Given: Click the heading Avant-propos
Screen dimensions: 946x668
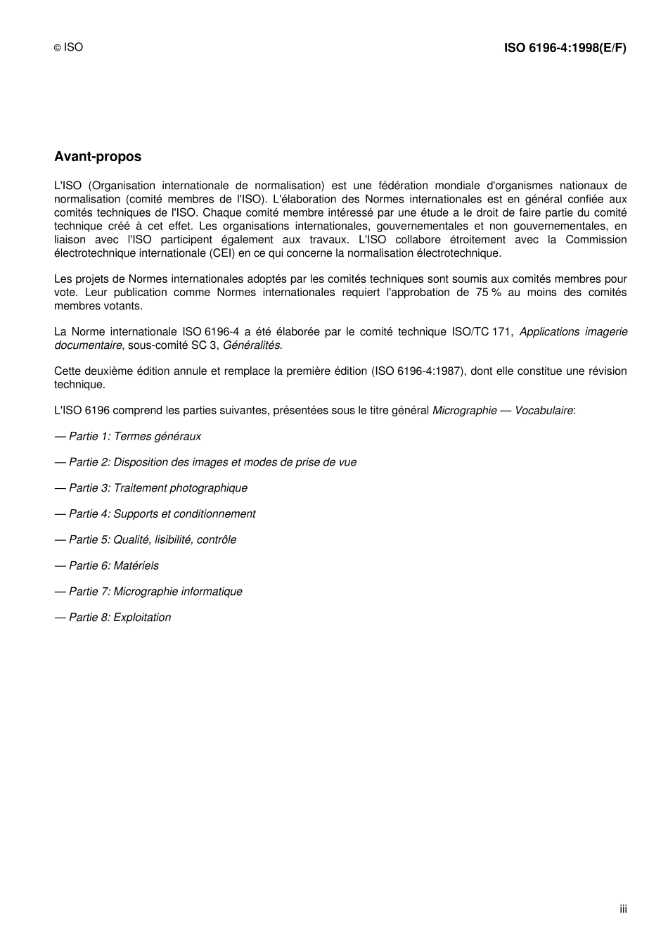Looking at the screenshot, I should (x=98, y=157).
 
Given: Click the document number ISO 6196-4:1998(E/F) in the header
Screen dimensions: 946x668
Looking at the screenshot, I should (x=565, y=48).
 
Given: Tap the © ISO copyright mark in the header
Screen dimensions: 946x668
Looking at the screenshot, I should (x=69, y=47).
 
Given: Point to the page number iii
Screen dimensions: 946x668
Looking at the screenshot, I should (x=623, y=909).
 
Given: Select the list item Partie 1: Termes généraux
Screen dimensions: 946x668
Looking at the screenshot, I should (x=128, y=437).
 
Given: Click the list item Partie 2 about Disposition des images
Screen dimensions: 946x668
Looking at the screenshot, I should (x=205, y=463).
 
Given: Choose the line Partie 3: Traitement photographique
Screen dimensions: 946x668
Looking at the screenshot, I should (x=151, y=488).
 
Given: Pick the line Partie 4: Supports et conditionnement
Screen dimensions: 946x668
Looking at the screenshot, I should (x=155, y=514).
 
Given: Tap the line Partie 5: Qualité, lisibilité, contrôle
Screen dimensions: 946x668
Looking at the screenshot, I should (x=146, y=540).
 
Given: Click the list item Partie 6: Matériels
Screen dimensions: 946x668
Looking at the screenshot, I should (x=107, y=566).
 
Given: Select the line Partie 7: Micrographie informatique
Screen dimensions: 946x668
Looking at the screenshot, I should (x=148, y=592).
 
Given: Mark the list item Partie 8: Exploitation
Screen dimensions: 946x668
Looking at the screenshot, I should (x=113, y=618).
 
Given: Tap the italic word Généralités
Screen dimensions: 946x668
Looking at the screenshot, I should (x=251, y=345).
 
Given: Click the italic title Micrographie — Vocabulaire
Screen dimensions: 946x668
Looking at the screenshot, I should (x=503, y=411).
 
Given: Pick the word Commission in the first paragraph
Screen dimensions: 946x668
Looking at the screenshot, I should (x=596, y=240).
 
